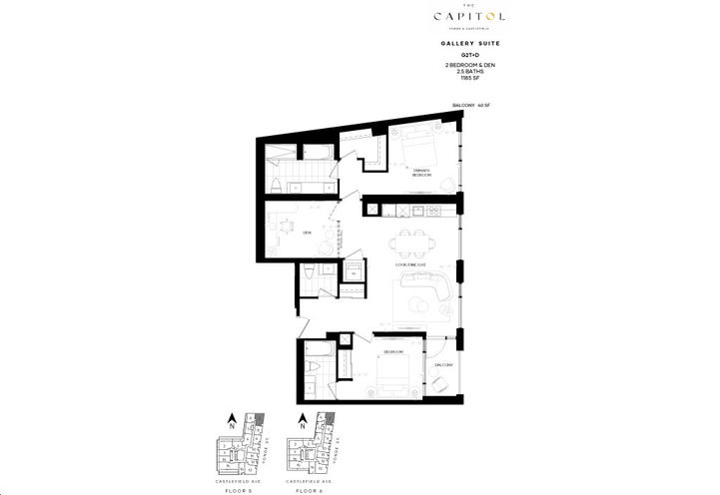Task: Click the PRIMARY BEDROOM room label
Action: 406,172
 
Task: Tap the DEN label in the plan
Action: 308,232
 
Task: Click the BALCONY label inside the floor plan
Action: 444,365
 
